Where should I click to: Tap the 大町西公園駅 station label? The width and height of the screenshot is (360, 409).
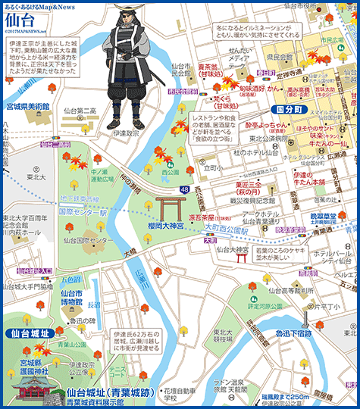tap(233, 226)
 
